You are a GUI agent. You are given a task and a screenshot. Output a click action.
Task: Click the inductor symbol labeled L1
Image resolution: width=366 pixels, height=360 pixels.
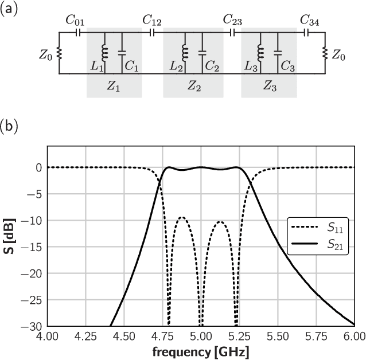point(104,52)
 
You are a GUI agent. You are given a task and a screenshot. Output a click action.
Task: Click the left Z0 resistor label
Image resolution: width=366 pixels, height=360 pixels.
point(46,55)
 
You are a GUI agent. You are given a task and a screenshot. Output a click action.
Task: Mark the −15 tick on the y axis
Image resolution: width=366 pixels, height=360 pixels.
point(33,247)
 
